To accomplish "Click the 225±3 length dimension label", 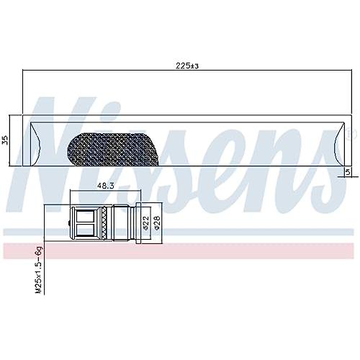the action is (187, 66).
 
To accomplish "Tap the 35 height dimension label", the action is (5, 140).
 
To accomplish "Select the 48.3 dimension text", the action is (105, 186).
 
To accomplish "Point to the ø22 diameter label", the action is (146, 223).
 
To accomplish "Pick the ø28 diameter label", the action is (157, 223).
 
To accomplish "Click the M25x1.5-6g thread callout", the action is (39, 269).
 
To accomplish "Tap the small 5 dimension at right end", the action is (348, 172).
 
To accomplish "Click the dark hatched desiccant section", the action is (113, 149).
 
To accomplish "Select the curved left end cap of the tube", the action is (35, 144).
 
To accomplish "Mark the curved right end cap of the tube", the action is (339, 144).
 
